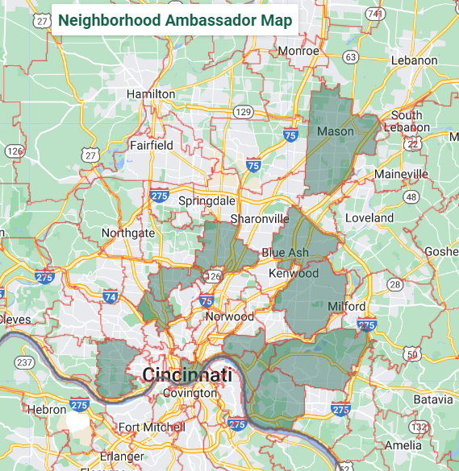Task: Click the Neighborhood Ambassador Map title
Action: click(175, 19)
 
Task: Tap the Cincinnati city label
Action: click(187, 374)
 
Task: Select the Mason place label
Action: click(336, 131)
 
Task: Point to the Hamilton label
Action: click(151, 94)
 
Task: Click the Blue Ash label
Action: click(285, 253)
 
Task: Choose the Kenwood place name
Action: click(294, 273)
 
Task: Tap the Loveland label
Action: click(369, 218)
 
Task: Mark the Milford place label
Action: click(347, 307)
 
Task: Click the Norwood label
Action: click(229, 316)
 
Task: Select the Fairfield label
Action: click(152, 146)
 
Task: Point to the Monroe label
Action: click(298, 51)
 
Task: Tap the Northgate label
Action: click(127, 233)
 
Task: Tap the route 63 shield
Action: click(349, 57)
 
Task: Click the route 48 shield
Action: click(411, 197)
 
